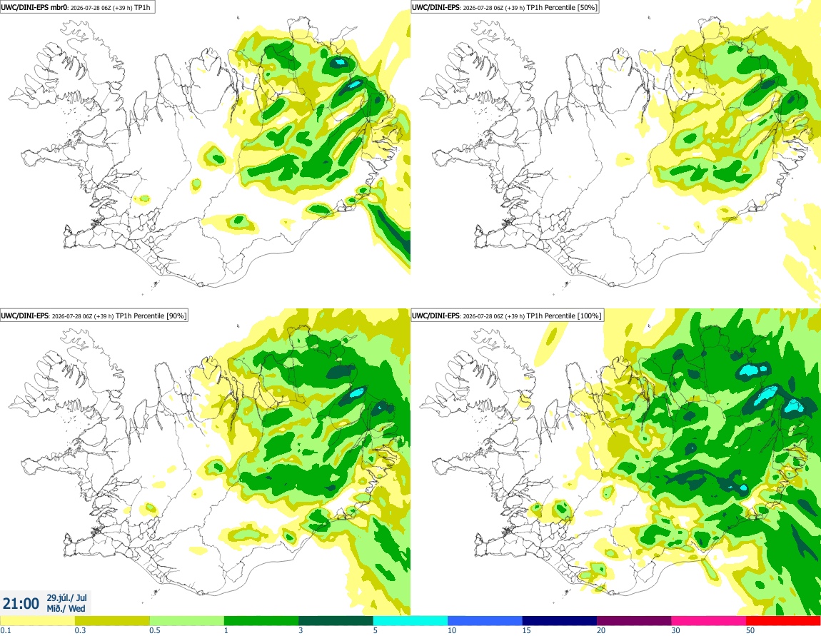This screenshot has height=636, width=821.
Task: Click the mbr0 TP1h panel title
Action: (x=78, y=7)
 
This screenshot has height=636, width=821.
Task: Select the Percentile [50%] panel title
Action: (x=504, y=7)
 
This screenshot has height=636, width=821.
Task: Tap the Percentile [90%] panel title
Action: (x=94, y=316)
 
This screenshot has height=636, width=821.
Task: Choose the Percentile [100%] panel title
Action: (x=506, y=316)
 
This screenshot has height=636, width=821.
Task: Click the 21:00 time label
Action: (x=21, y=604)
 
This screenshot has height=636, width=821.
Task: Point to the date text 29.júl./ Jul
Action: (x=67, y=597)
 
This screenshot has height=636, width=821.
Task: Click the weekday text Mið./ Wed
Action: (x=66, y=608)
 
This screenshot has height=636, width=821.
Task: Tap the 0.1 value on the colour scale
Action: (x=5, y=630)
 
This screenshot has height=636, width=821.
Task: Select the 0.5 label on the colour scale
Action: (x=155, y=630)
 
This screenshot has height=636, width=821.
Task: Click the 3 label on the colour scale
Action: (x=301, y=630)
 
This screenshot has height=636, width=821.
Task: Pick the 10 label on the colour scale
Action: (x=451, y=630)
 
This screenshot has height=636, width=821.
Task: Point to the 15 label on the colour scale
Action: (x=526, y=630)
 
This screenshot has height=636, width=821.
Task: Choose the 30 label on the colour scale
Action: (x=675, y=630)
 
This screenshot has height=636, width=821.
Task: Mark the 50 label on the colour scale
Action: (x=750, y=630)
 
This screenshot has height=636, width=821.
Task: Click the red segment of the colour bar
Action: (x=783, y=621)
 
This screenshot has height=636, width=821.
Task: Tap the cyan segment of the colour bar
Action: (x=410, y=621)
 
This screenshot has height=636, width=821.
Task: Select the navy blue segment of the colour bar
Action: (x=559, y=621)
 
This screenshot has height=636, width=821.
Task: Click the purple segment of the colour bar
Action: (x=634, y=621)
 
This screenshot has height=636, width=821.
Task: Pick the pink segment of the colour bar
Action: (x=708, y=621)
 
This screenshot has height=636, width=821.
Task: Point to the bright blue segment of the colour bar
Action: (x=485, y=621)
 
